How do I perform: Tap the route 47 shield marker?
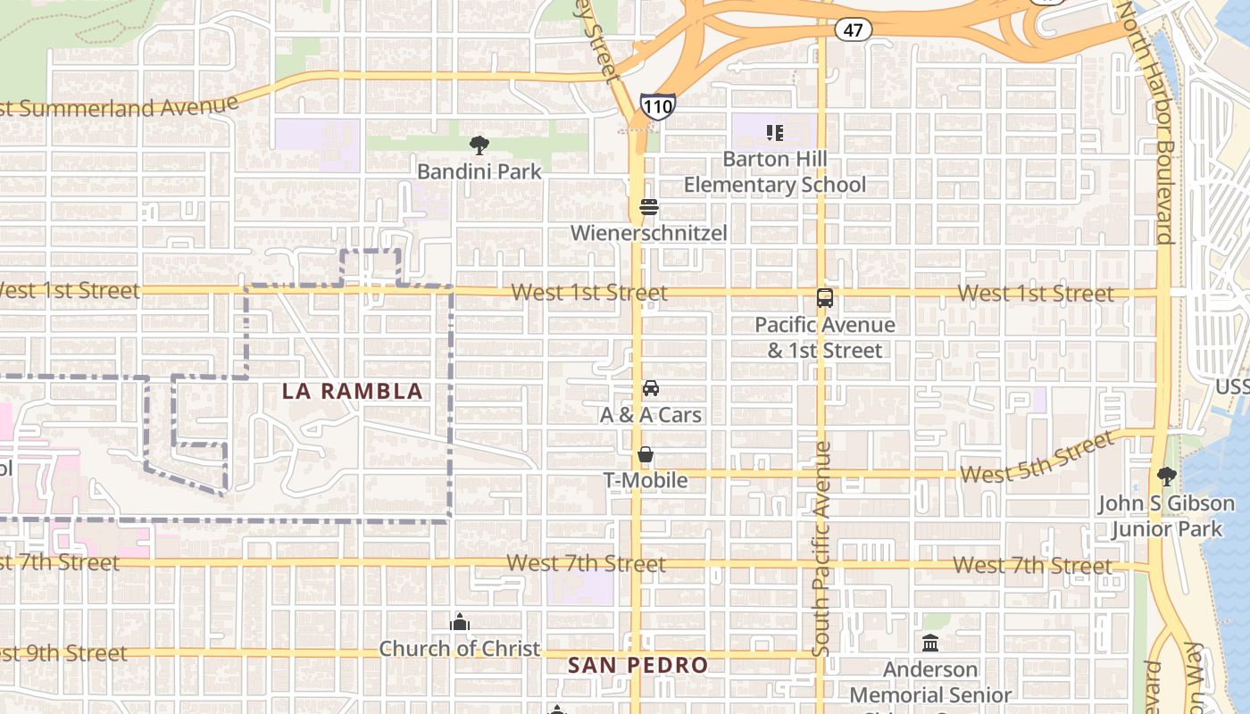pyautogui.click(x=854, y=29)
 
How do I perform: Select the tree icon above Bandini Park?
pyautogui.click(x=479, y=145)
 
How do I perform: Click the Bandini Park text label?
pyautogui.click(x=479, y=170)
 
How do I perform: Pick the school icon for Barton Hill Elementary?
pyautogui.click(x=775, y=133)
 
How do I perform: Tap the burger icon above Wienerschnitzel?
pyautogui.click(x=649, y=208)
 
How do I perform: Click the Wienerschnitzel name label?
pyautogui.click(x=649, y=233)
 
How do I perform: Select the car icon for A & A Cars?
pyautogui.click(x=651, y=388)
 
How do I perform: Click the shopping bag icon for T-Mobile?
pyautogui.click(x=646, y=455)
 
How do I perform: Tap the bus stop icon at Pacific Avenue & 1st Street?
pyautogui.click(x=825, y=298)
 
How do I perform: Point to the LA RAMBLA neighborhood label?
pyautogui.click(x=352, y=391)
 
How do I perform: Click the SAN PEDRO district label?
pyautogui.click(x=637, y=665)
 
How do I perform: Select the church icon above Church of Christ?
pyautogui.click(x=460, y=622)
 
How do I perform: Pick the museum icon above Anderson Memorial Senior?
pyautogui.click(x=930, y=643)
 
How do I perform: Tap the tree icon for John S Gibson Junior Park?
pyautogui.click(x=1166, y=477)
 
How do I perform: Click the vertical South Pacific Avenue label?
pyautogui.click(x=822, y=549)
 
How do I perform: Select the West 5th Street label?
pyautogui.click(x=1037, y=459)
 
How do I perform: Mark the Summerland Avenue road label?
pyautogui.click(x=121, y=107)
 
